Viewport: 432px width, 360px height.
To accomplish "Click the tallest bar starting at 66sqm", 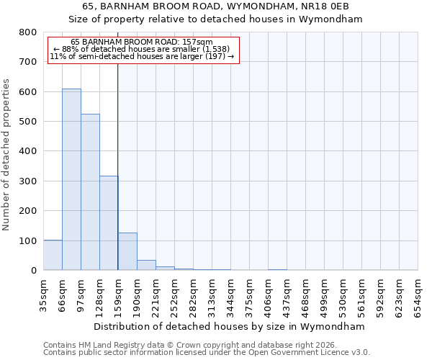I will [x=71, y=180].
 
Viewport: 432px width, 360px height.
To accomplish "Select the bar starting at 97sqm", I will [x=90, y=192].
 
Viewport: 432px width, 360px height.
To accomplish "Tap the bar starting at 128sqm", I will [x=109, y=223].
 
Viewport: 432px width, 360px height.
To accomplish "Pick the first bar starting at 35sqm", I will [x=53, y=255].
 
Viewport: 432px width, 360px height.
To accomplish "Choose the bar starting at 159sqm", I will [x=127, y=251].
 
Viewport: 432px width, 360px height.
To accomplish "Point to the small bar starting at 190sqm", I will [x=146, y=265].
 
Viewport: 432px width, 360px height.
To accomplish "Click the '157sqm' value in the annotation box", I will [x=198, y=42].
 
